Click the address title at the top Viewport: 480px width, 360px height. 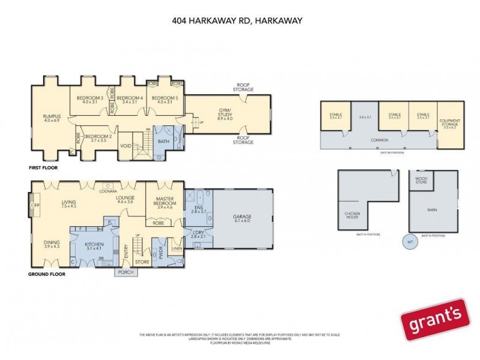pyautogui.click(x=236, y=20)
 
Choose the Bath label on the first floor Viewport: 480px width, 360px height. pyautogui.click(x=163, y=142)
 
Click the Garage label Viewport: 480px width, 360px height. pyautogui.click(x=243, y=217)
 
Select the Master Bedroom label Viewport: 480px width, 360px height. pyautogui.click(x=164, y=202)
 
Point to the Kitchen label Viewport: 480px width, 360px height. pyautogui.click(x=95, y=245)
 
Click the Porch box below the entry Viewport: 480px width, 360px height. pyautogui.click(x=127, y=271)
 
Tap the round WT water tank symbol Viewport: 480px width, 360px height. pyautogui.click(x=410, y=242)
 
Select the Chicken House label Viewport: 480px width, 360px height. pyautogui.click(x=352, y=215)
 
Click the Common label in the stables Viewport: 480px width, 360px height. pyautogui.click(x=379, y=140)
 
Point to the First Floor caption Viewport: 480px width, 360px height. pyautogui.click(x=43, y=168)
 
